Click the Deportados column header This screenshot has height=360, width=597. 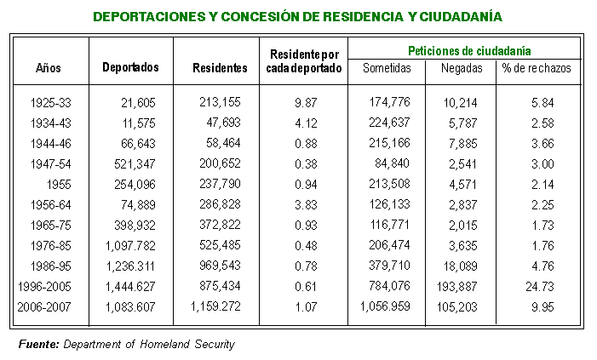130,67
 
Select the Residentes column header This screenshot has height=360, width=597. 220,68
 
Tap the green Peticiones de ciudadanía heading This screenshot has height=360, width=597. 469,50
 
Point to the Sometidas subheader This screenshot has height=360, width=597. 387,68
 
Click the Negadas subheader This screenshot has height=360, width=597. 462,68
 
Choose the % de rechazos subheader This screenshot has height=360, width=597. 537,68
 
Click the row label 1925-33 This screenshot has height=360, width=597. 50,103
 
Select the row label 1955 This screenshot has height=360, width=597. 59,185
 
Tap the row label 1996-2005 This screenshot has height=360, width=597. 44,287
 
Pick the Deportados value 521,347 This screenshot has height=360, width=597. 135,164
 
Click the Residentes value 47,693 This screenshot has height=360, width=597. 223,123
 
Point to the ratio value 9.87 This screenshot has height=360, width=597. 306,103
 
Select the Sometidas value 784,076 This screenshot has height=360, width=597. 389,286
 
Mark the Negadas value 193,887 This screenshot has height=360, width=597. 456,287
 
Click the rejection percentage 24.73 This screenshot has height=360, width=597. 540,287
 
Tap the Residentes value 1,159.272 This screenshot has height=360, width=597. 215,306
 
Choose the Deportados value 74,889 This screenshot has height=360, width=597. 138,205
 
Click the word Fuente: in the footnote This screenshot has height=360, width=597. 39,345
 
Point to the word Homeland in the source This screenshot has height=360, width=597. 165,345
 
